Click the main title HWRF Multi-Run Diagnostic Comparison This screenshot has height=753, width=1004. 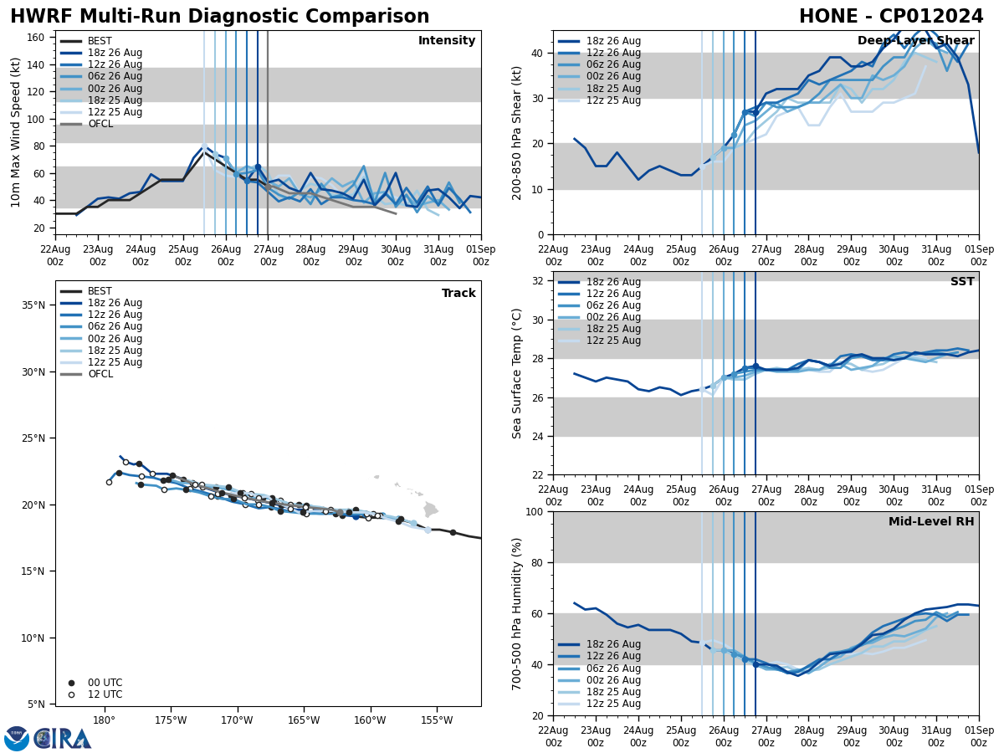pos(219,17)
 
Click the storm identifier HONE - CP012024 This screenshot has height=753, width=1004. pos(891,17)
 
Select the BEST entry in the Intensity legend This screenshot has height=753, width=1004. pos(100,41)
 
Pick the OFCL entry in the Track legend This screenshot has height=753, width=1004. pos(100,374)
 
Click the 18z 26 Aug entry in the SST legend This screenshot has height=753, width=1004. pos(613,282)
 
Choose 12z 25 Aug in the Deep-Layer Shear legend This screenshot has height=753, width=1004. pos(613,100)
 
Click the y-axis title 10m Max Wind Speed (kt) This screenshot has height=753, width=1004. pos(15,132)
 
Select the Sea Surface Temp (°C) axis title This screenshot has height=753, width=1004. pos(517,373)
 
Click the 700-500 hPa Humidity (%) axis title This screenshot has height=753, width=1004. pos(517,613)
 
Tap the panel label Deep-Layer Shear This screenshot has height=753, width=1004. pos(915,41)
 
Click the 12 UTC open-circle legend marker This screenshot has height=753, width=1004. pos(71,694)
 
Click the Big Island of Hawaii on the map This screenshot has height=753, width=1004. pos(430,509)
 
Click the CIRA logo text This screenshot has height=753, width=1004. pos(63,739)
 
